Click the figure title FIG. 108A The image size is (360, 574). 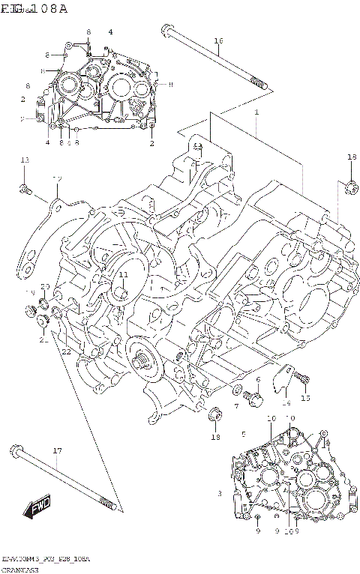click(x=34, y=8)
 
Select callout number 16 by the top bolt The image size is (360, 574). click(x=218, y=40)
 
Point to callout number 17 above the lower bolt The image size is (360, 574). click(x=56, y=450)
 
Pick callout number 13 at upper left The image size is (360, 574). click(x=24, y=160)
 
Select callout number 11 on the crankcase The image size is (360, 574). click(x=123, y=275)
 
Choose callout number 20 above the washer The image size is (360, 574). click(x=45, y=287)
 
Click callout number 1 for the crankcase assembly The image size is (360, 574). click(x=256, y=112)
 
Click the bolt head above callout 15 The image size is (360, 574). click(x=301, y=376)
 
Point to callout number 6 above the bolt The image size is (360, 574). click(x=257, y=381)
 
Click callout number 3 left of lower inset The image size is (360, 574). click(x=220, y=494)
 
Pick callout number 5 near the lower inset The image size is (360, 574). click(x=243, y=434)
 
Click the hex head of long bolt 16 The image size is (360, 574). click(x=165, y=30)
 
